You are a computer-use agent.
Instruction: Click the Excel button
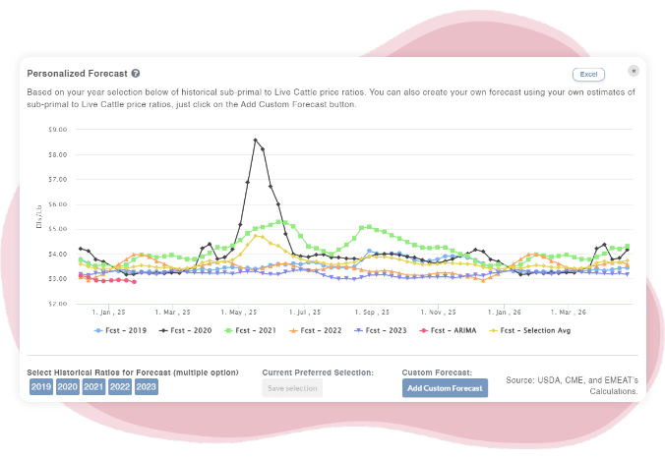(x=588, y=74)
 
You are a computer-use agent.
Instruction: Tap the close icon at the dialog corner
(x=635, y=71)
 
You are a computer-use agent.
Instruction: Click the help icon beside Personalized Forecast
(x=136, y=74)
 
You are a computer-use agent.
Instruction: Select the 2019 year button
(x=41, y=387)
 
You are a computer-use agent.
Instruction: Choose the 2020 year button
(x=68, y=387)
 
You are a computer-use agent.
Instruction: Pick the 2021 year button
(x=94, y=387)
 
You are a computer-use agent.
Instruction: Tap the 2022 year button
(x=120, y=387)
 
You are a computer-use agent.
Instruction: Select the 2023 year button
(x=146, y=387)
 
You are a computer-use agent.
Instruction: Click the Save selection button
(x=292, y=388)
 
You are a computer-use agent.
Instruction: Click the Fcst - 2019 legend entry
(x=121, y=330)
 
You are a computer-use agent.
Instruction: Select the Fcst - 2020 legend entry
(x=185, y=330)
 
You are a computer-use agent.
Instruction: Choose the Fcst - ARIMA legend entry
(x=447, y=330)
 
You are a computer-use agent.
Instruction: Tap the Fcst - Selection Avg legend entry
(x=535, y=330)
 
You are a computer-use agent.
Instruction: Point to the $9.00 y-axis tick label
(x=57, y=129)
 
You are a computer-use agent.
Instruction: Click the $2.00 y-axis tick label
(x=57, y=304)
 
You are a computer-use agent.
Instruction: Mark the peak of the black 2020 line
(x=256, y=140)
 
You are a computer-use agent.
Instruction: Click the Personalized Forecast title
(x=78, y=74)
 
